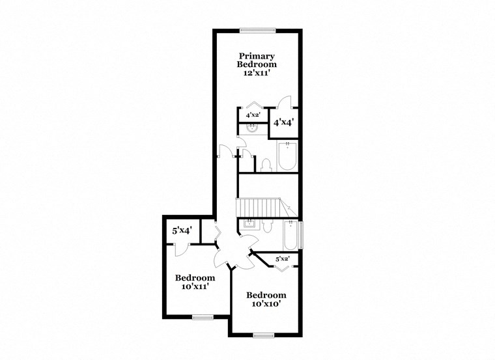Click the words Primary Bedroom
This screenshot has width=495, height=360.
click(x=257, y=60)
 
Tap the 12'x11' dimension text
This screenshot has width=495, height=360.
click(x=257, y=74)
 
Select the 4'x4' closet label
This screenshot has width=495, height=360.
click(x=284, y=122)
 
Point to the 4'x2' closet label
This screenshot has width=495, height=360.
click(x=253, y=115)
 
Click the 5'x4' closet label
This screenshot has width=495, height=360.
click(x=182, y=230)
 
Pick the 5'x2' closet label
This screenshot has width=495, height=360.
click(x=283, y=259)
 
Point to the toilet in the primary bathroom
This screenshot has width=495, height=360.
click(x=266, y=164)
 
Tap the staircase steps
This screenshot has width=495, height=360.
click(x=258, y=208)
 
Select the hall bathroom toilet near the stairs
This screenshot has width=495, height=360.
click(x=267, y=225)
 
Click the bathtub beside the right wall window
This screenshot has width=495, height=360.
click(x=291, y=235)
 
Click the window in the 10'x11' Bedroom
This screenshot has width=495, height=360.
click(x=203, y=317)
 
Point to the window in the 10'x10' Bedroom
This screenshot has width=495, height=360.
click(x=263, y=335)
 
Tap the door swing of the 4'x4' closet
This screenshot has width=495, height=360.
click(x=285, y=102)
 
